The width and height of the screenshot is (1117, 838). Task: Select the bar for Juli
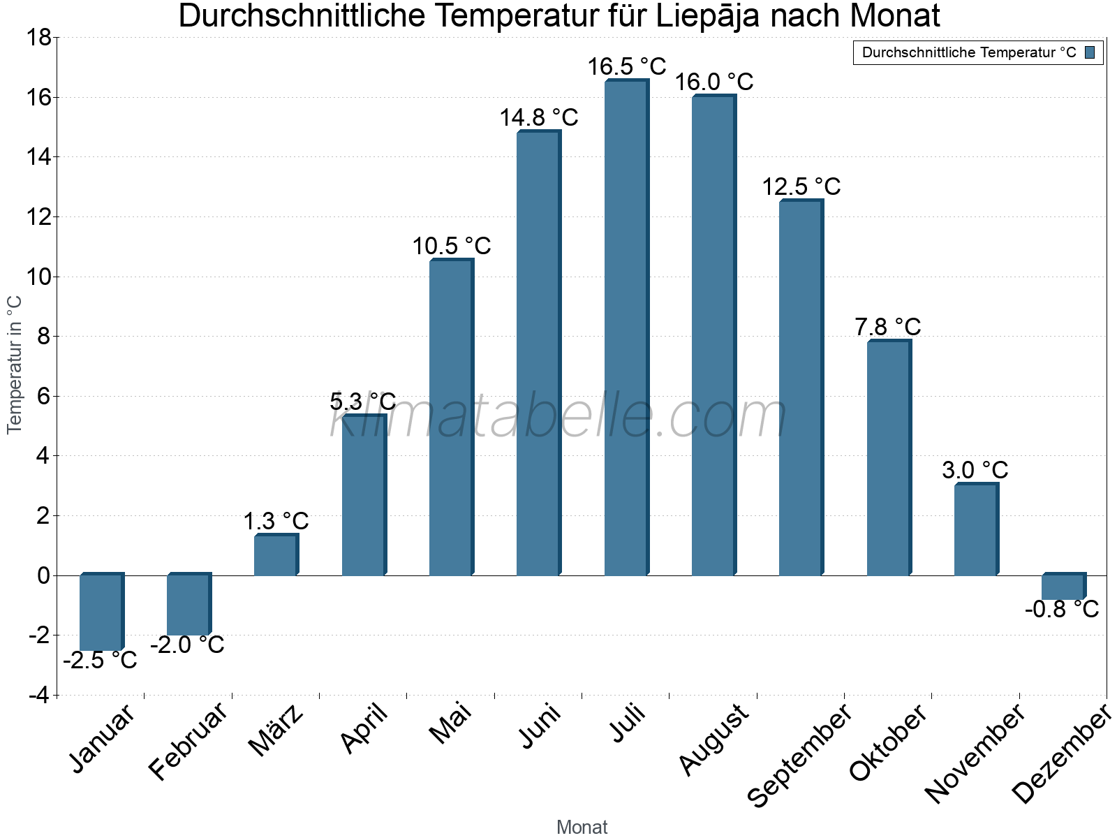[x=626, y=328]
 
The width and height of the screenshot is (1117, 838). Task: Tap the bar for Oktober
[x=888, y=458]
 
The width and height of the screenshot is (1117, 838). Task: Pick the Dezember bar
[x=1063, y=587]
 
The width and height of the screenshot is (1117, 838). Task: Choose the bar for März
[x=275, y=556]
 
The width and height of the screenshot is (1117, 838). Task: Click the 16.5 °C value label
[x=626, y=67]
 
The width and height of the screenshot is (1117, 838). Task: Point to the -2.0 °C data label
[x=187, y=645]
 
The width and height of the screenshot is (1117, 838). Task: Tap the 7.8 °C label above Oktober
[x=888, y=327]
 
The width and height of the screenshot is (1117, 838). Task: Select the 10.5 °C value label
[x=452, y=247]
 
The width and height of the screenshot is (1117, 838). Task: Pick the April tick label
[x=364, y=729]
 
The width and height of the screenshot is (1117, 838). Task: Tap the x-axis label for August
[x=714, y=740]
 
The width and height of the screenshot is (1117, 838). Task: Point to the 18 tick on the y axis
[x=39, y=38]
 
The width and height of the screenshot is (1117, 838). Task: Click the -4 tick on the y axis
[x=39, y=696]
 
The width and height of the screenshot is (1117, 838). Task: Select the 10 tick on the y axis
[x=39, y=277]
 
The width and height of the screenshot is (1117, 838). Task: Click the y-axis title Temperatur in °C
[x=15, y=365]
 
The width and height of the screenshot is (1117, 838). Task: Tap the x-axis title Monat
[x=582, y=828]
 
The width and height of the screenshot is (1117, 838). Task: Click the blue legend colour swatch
[x=1090, y=52]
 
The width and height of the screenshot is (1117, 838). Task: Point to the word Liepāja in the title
[x=707, y=16]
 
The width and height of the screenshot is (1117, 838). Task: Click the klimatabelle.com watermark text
[x=558, y=417]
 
